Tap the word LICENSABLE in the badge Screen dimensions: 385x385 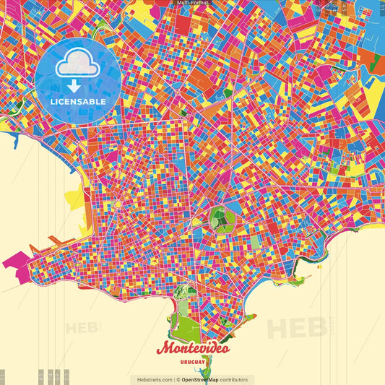78,102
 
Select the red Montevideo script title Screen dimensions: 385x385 194,347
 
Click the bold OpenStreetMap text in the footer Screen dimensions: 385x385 201,379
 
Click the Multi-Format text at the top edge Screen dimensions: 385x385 192,3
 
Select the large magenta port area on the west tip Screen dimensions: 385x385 18,260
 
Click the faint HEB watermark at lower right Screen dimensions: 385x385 296,326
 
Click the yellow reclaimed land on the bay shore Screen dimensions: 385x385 74,198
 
